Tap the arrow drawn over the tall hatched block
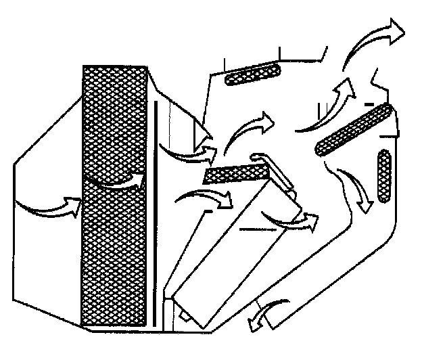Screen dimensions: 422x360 coord(118,181)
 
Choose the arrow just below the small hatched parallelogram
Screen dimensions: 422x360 coord(206,198)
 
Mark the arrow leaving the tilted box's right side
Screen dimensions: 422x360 coord(291,219)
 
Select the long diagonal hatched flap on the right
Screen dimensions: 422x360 coord(354,129)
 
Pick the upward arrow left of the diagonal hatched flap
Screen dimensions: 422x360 coord(325,108)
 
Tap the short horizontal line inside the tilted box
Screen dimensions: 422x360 coord(256,229)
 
